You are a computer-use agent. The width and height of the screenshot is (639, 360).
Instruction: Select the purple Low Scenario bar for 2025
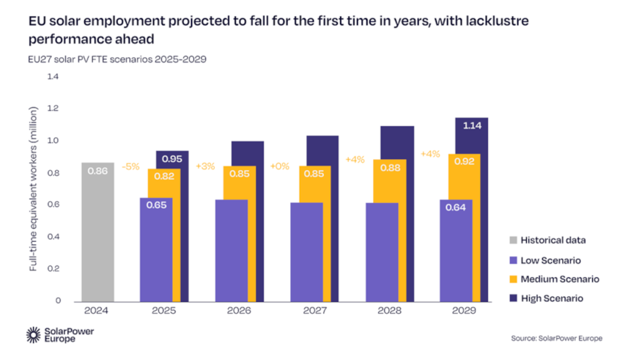click(x=155, y=249)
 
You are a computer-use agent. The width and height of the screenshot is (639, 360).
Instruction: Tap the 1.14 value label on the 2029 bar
click(x=471, y=126)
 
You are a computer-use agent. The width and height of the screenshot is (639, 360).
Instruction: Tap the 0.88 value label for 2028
click(x=389, y=167)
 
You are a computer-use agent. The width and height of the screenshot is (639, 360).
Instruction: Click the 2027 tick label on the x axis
click(x=314, y=311)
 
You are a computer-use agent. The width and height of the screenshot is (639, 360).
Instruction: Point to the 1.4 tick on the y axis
click(x=52, y=76)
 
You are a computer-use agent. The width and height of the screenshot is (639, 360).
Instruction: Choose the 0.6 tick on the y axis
click(x=52, y=205)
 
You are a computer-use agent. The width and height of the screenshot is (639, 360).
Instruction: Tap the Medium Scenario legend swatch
click(x=514, y=279)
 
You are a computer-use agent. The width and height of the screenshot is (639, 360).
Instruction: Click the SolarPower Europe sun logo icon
click(x=34, y=335)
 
